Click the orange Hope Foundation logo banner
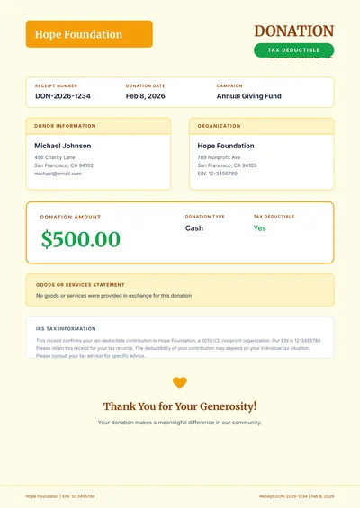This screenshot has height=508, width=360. [x=89, y=34]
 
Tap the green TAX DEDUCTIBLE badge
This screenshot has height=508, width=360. [x=293, y=50]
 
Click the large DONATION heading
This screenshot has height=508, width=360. [x=294, y=31]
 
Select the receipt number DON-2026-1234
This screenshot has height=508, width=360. [x=63, y=95]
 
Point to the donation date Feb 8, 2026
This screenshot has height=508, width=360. [x=145, y=95]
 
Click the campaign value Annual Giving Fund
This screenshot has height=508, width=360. [x=249, y=95]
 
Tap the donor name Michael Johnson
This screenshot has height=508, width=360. [x=63, y=146]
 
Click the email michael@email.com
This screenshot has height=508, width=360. [x=58, y=174]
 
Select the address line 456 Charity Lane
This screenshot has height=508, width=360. [x=55, y=157]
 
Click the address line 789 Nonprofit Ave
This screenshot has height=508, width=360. [x=219, y=157]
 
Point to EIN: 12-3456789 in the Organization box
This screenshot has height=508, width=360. [x=218, y=174]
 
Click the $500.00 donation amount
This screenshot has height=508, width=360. [x=80, y=239]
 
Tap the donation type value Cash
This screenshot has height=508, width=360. [x=194, y=228]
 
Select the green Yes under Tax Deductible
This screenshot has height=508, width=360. [x=259, y=228]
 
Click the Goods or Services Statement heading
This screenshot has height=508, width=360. [x=80, y=285]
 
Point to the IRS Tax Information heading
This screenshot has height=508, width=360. [x=66, y=329]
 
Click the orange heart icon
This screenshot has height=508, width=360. [x=180, y=382]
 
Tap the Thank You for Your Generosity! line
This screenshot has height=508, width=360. [x=180, y=406]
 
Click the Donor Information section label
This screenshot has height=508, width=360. [x=65, y=126]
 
